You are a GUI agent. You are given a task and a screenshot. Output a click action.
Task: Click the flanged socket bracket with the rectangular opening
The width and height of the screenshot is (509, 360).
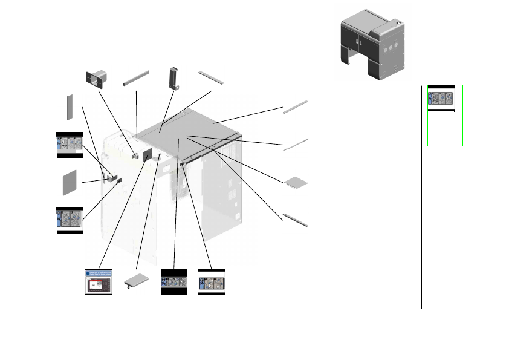(x=97, y=79)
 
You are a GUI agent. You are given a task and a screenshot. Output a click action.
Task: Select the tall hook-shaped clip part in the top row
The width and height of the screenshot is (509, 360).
(x=175, y=78)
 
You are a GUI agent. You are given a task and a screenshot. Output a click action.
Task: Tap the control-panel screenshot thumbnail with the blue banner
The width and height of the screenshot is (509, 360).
(x=99, y=281)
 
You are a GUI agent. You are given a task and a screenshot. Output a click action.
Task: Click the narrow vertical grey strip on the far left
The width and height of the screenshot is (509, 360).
(x=70, y=107)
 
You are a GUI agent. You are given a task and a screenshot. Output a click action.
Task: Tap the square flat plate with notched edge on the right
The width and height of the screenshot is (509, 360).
(x=297, y=181)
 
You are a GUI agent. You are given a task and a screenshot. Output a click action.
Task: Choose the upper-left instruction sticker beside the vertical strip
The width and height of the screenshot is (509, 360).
(x=69, y=143)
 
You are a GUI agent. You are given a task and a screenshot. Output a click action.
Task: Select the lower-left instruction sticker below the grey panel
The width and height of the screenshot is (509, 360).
(x=69, y=219)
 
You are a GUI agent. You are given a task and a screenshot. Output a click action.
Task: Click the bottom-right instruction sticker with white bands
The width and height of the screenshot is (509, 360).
(x=212, y=282)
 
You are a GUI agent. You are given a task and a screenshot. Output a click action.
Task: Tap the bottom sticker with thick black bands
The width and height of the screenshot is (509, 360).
(x=173, y=282)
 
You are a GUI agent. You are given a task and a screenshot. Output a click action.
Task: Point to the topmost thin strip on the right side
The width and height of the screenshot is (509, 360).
(x=296, y=107)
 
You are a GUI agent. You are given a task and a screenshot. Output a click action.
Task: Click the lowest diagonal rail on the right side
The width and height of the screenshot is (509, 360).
(x=296, y=218)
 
